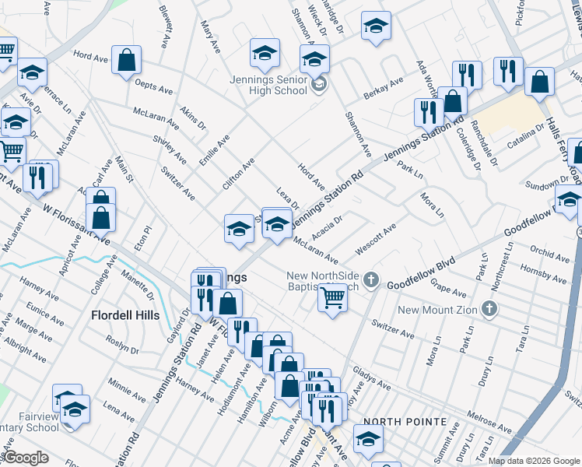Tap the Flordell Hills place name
[x=125, y=315]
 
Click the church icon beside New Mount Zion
[x=489, y=310]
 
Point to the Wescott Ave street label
[x=376, y=239]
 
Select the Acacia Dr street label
[x=327, y=225]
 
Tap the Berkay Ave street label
[x=384, y=89]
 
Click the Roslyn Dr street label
[x=121, y=346]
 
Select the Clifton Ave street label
[x=238, y=174]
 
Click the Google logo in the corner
[x=25, y=458]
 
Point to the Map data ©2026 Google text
[x=533, y=460]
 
